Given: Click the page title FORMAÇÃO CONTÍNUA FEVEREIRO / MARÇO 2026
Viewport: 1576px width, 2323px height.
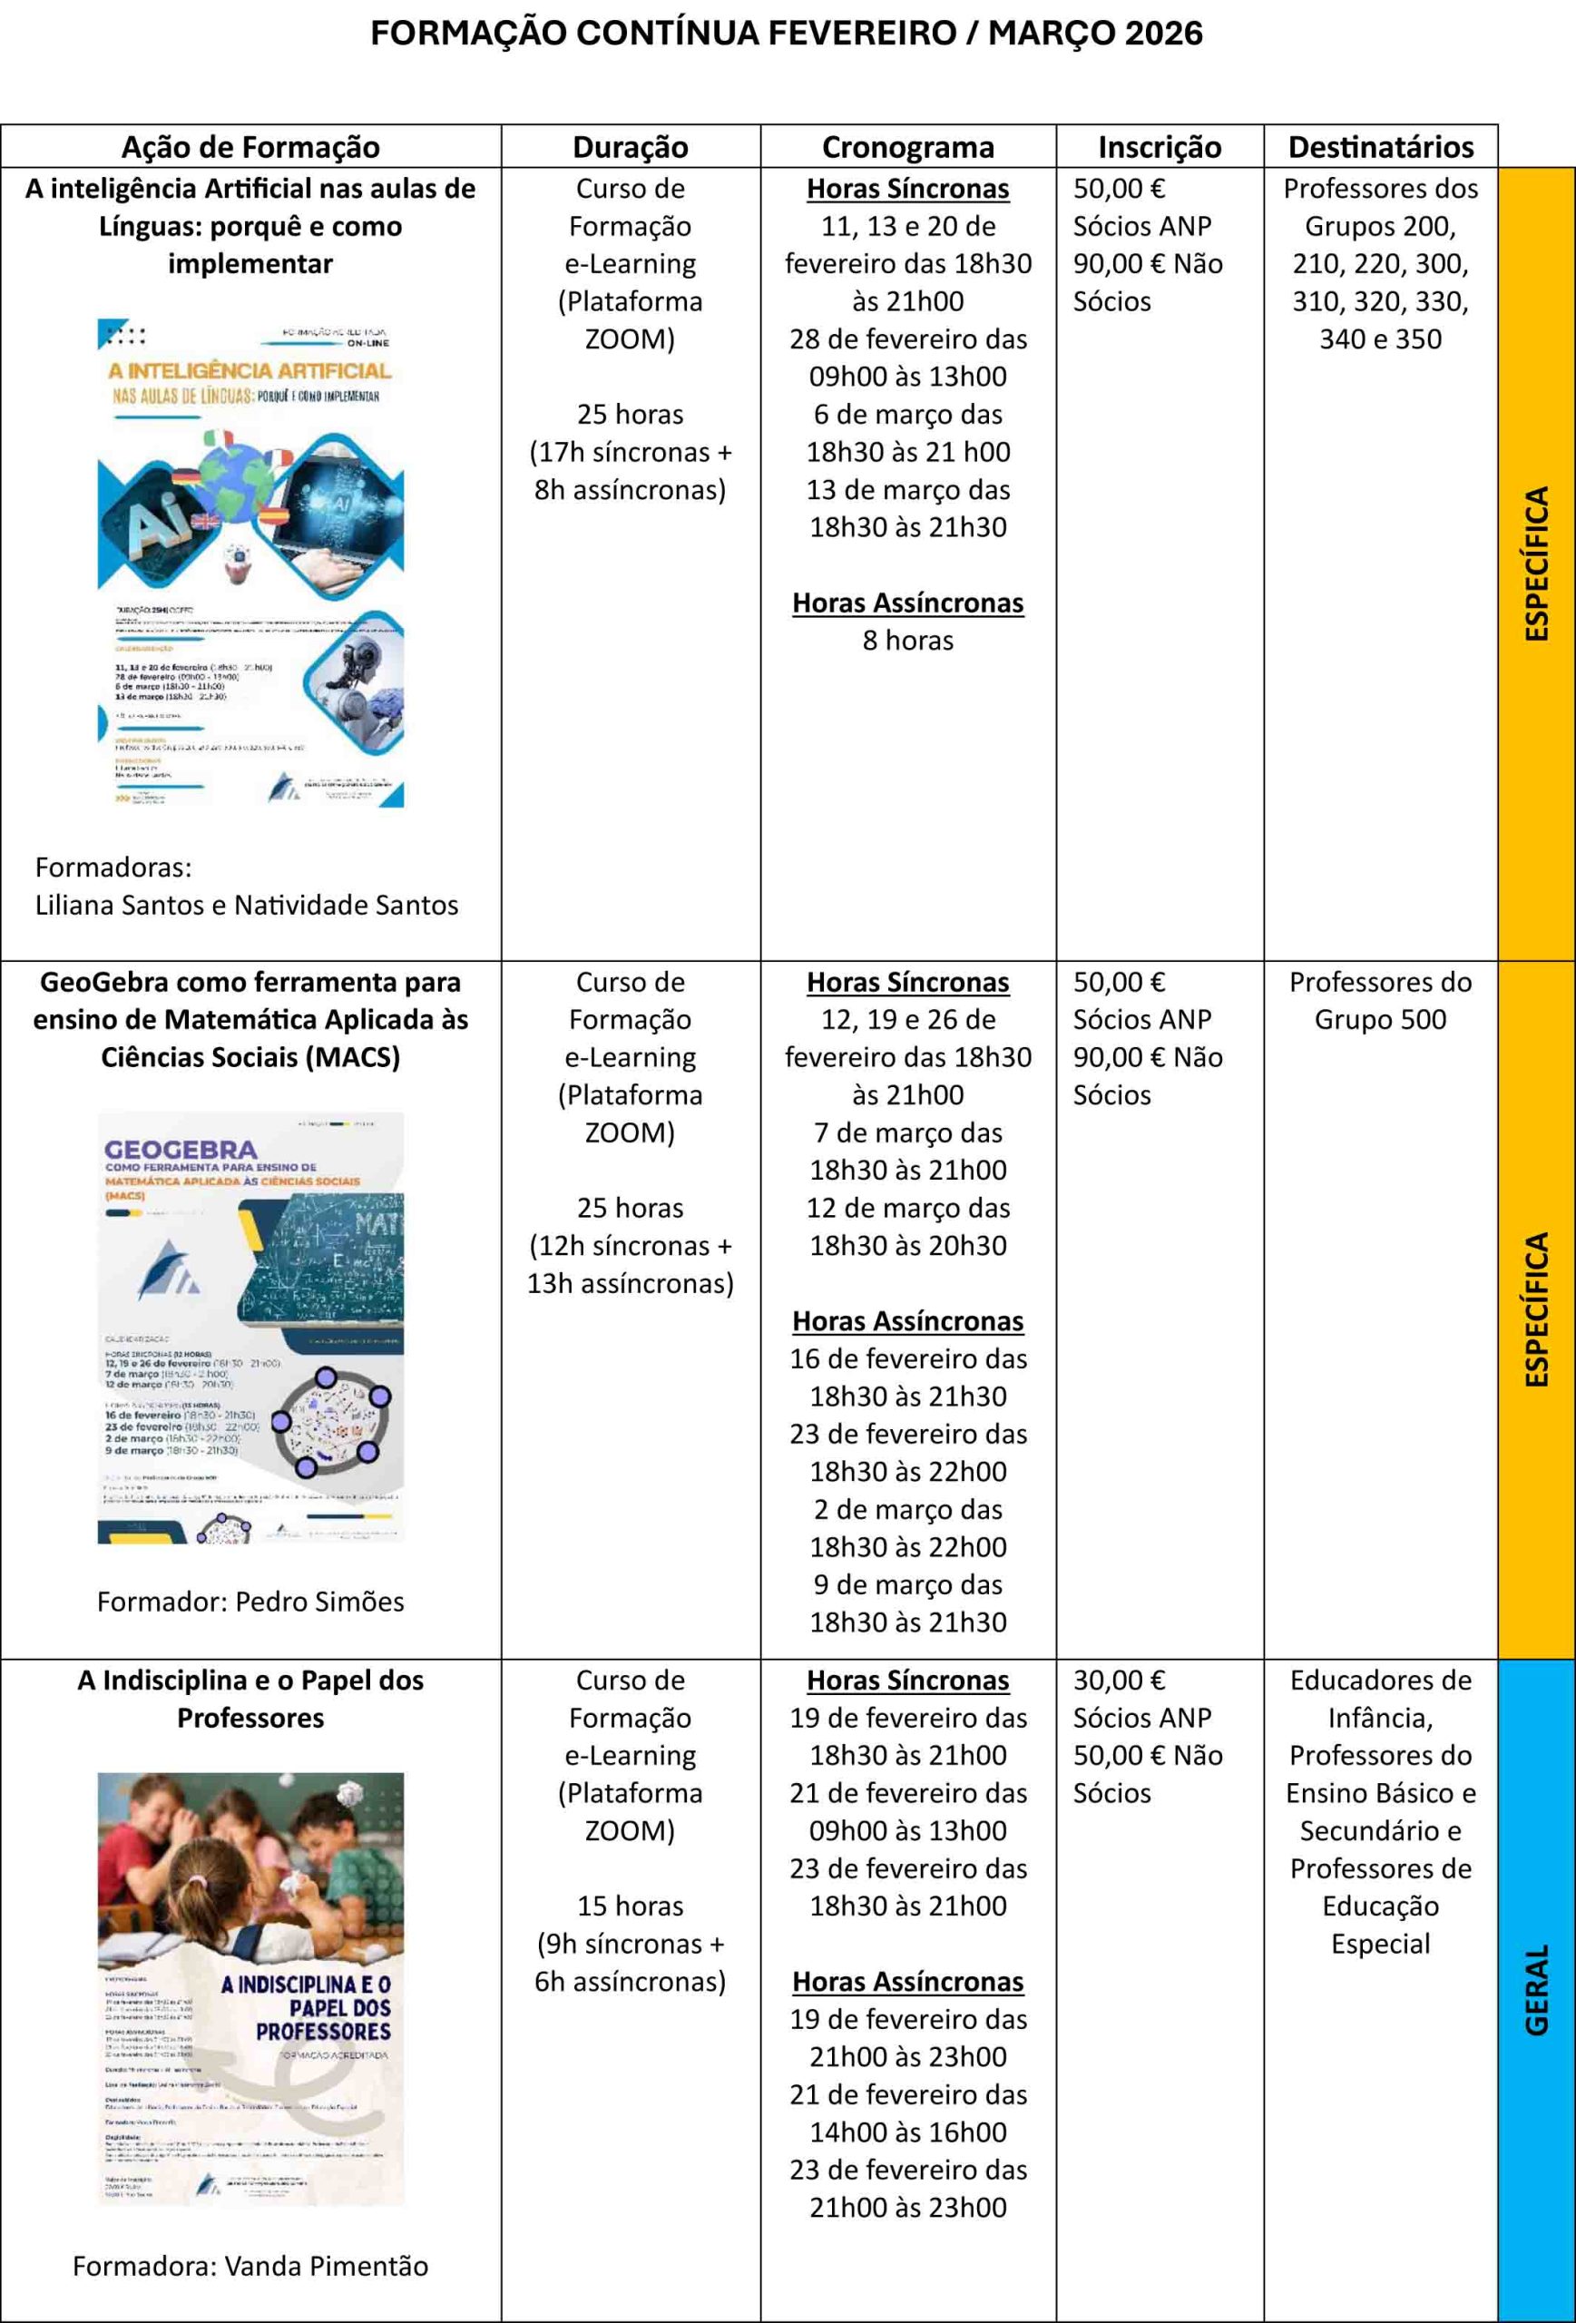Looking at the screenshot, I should point(787,34).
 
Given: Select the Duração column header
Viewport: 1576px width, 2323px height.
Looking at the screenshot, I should point(630,147).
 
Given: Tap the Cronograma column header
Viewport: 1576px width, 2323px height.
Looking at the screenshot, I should point(907,147).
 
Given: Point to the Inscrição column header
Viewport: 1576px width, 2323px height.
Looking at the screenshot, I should point(1160,147).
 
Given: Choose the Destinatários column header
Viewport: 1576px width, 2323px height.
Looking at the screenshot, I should point(1380,147).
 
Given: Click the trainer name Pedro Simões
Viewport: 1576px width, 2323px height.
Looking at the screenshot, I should point(319,1602).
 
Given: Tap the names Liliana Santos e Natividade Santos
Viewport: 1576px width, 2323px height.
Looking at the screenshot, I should point(247,905).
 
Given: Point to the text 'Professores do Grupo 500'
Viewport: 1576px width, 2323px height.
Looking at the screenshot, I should point(1380,1001).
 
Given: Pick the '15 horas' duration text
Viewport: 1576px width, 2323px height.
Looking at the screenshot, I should point(630,1906).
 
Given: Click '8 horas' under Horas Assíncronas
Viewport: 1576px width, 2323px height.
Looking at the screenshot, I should point(907,640).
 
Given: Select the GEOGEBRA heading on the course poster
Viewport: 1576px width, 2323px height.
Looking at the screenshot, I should point(181,1150).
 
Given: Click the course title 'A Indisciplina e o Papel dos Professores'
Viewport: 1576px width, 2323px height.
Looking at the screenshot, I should point(250,1699).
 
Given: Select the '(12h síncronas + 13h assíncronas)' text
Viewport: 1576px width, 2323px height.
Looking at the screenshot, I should point(630,1264).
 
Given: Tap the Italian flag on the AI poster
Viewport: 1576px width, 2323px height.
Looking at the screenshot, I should point(217,439).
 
